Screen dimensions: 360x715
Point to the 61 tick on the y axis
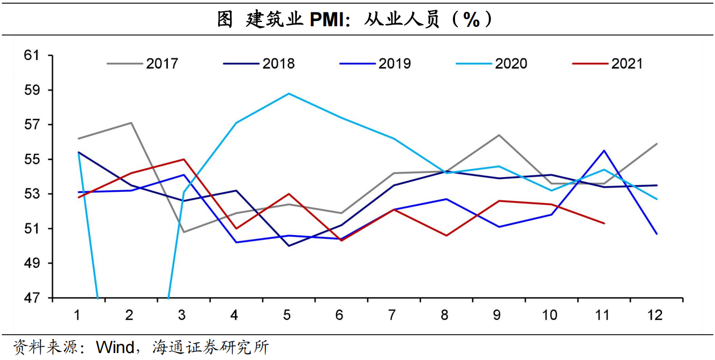point(32,55)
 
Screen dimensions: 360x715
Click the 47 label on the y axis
point(32,298)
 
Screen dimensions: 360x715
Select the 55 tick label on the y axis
point(32,160)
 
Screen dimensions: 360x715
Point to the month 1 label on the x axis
point(78,314)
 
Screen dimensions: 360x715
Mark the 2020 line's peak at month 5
point(289,93)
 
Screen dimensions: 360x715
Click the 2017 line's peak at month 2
point(131,123)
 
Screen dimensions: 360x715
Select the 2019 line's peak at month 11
point(604,151)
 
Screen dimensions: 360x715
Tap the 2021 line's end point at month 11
point(604,223)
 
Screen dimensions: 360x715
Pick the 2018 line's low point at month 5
point(289,246)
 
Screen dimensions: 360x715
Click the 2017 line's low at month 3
point(183,232)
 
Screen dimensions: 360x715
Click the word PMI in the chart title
point(327,20)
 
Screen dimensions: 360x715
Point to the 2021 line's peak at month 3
point(183,159)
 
